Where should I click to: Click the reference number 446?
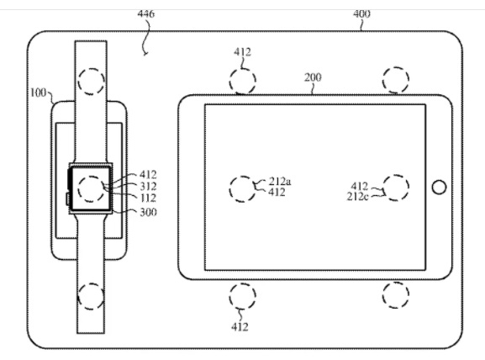[146, 13]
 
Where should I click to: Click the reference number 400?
[361, 13]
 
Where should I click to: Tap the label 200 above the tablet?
[313, 77]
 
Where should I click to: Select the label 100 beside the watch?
[39, 93]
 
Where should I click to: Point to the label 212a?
[280, 181]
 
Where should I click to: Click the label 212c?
[357, 197]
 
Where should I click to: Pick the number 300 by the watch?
[148, 212]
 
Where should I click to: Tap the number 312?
[148, 187]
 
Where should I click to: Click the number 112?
[148, 199]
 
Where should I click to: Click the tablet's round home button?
[439, 188]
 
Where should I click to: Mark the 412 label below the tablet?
[240, 327]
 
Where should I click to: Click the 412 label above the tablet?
[242, 51]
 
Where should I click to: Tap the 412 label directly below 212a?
[277, 193]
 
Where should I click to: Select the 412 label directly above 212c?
[360, 186]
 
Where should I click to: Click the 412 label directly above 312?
[148, 175]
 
